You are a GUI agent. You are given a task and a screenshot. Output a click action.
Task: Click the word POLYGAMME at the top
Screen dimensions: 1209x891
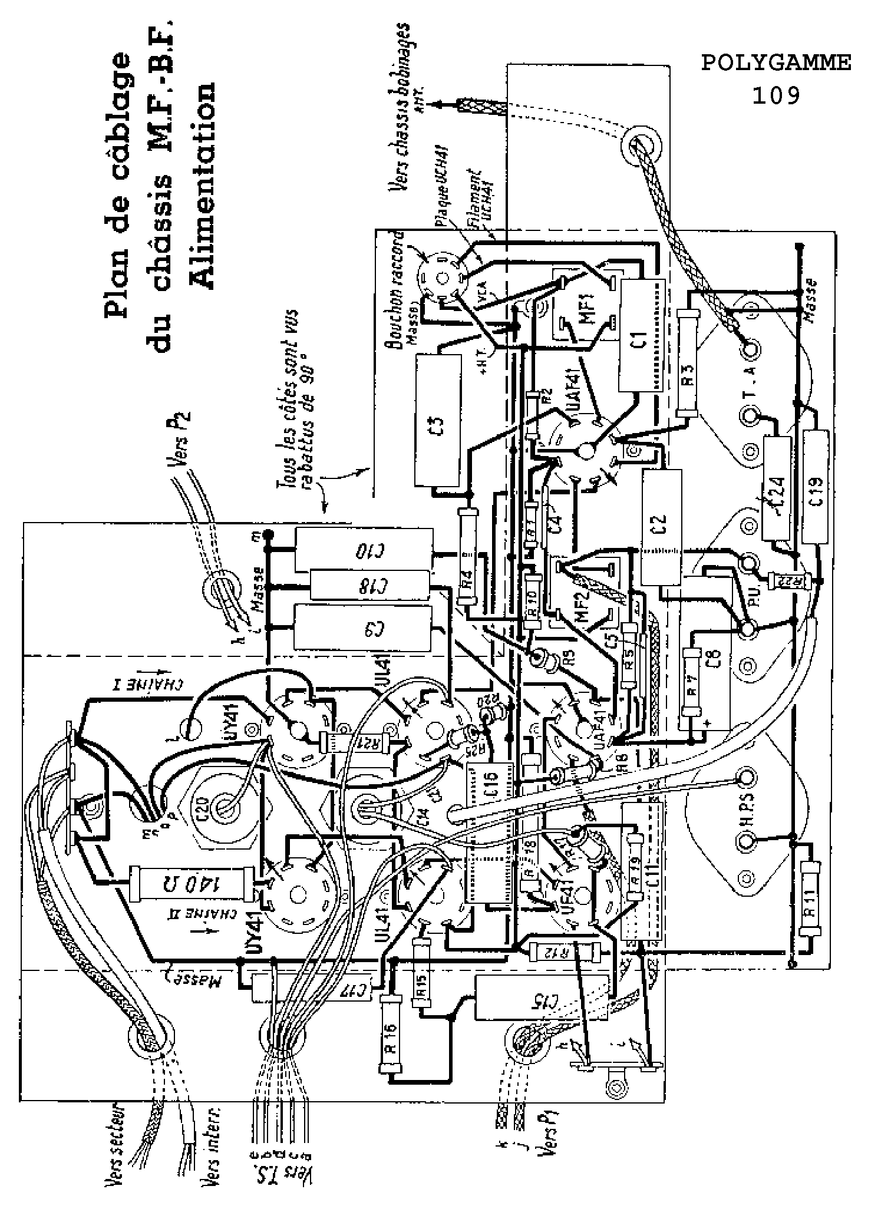coord(775,63)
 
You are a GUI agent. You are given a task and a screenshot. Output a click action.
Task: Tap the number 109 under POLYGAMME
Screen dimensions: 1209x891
coord(775,94)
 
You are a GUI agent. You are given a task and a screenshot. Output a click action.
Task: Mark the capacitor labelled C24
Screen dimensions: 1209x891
coord(777,487)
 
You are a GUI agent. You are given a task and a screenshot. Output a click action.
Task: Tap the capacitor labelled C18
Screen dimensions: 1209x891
coord(370,586)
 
